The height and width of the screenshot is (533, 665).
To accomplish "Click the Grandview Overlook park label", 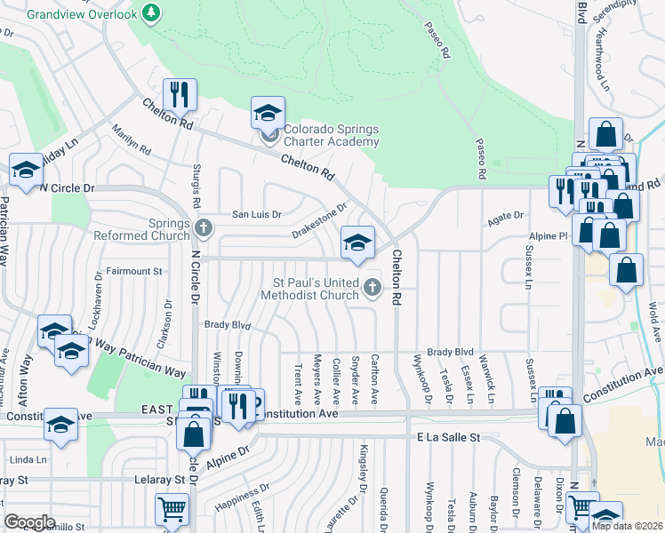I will coord(83,14).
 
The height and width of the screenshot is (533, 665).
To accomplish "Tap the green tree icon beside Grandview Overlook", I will coord(152,12).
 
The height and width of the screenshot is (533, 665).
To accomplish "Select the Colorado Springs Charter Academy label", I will coord(331,135).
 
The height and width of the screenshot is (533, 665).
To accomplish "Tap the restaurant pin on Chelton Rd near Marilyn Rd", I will coord(180,96).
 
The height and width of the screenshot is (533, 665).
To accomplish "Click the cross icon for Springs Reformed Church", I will coord(204,230).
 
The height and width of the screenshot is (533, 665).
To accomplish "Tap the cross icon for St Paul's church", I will coord(373,287).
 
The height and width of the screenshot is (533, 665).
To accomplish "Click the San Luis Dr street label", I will coord(256,214).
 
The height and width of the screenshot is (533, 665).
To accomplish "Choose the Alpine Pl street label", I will coord(549,237).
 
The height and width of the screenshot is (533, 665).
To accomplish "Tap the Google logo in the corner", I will coord(29,521).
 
